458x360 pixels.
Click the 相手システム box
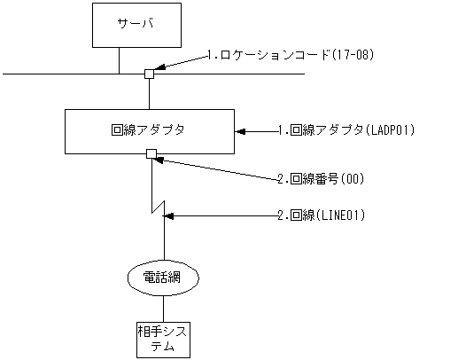click(164, 338)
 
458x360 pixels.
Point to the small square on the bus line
click(150, 74)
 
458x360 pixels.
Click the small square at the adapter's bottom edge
click(151, 154)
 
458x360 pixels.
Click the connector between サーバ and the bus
click(119, 59)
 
